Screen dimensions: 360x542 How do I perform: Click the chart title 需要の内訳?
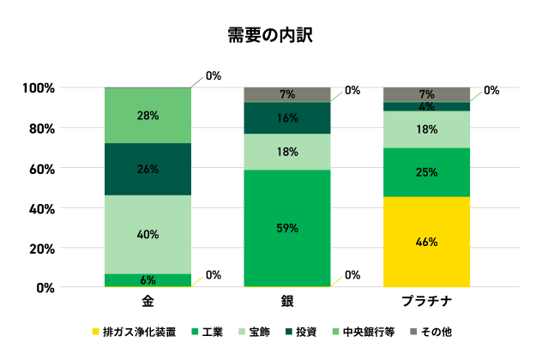coord(270,35)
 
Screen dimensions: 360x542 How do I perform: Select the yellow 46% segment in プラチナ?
coord(426,243)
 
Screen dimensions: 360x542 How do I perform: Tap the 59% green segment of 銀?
coord(286,228)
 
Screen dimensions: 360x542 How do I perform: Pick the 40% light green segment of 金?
coord(148,234)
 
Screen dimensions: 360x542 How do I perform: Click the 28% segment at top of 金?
coord(148,115)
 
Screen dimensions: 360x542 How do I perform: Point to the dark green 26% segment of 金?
coord(148,169)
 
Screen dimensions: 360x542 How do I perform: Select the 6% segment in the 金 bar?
coord(148,280)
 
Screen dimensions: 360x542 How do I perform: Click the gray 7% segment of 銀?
coord(286,94)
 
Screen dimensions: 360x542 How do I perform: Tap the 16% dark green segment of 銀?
coord(286,118)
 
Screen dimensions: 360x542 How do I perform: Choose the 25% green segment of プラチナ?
coord(426,172)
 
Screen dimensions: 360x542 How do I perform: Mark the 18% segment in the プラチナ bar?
coord(426,129)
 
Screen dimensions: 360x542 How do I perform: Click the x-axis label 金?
coord(148,303)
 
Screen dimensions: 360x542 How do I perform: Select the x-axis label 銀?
coord(286,303)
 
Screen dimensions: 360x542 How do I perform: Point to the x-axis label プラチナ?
coord(426,303)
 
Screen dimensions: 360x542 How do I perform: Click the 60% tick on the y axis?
coord(44,168)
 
